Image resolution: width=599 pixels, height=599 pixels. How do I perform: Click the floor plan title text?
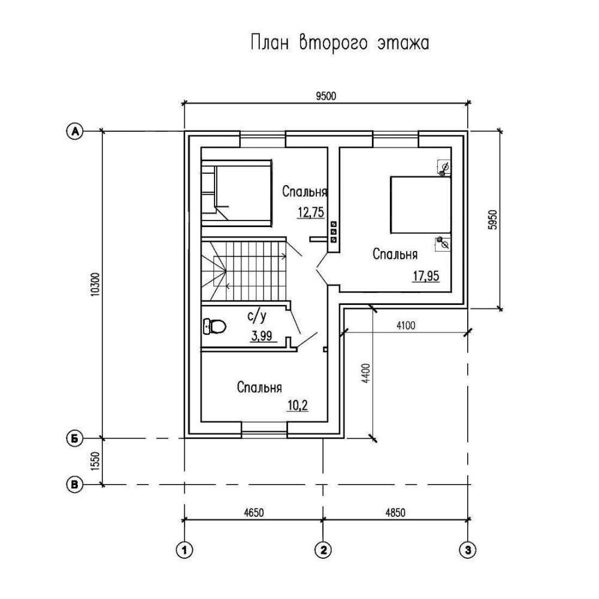pyautogui.click(x=338, y=44)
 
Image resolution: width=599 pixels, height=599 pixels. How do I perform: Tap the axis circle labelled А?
pyautogui.click(x=75, y=131)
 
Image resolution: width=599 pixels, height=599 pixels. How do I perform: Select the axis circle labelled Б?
pyautogui.click(x=75, y=438)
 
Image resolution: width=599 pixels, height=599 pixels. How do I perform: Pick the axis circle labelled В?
pyautogui.click(x=75, y=484)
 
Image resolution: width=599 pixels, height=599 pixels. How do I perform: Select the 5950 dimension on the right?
pyautogui.click(x=493, y=220)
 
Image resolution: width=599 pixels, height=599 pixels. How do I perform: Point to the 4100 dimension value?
pyautogui.click(x=406, y=326)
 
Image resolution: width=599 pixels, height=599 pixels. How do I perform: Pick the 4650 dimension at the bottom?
pyautogui.click(x=253, y=513)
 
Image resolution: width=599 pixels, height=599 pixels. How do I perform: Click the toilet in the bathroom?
pyautogui.click(x=214, y=326)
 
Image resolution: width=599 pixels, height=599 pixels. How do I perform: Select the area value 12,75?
pyautogui.click(x=310, y=211)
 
